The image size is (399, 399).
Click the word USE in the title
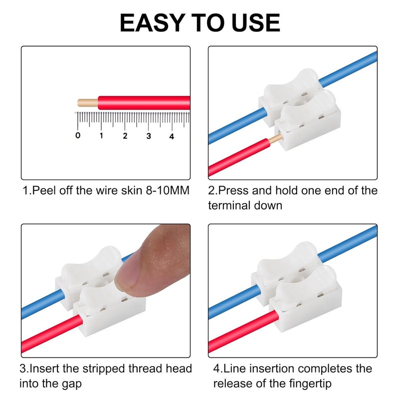click(252, 23)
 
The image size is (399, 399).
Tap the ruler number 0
click(77, 136)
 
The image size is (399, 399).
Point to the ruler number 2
click(125, 136)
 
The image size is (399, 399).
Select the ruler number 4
click(172, 136)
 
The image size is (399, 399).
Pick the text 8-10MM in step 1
click(161, 191)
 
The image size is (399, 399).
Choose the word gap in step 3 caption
click(70, 384)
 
